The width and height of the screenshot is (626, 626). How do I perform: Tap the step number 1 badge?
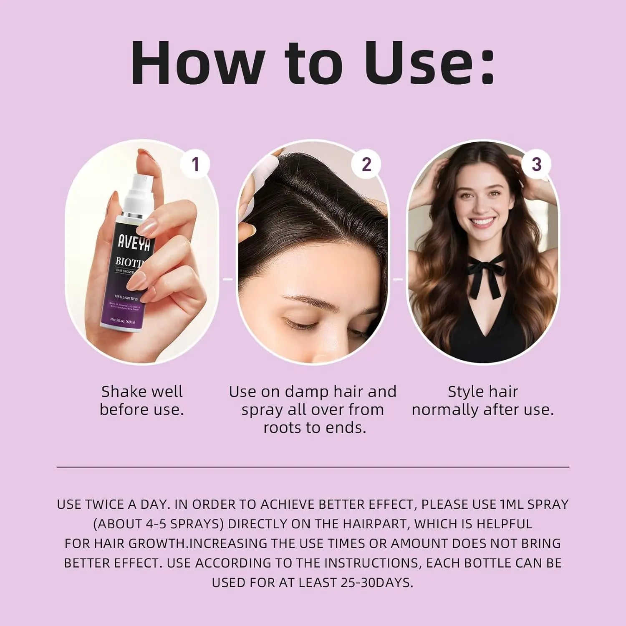(195, 164)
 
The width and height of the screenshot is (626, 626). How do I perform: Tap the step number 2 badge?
(366, 164)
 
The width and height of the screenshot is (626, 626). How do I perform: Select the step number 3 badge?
(537, 164)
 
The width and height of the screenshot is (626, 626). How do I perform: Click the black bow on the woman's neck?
(485, 271)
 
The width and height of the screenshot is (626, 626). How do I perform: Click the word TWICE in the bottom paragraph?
(104, 505)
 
